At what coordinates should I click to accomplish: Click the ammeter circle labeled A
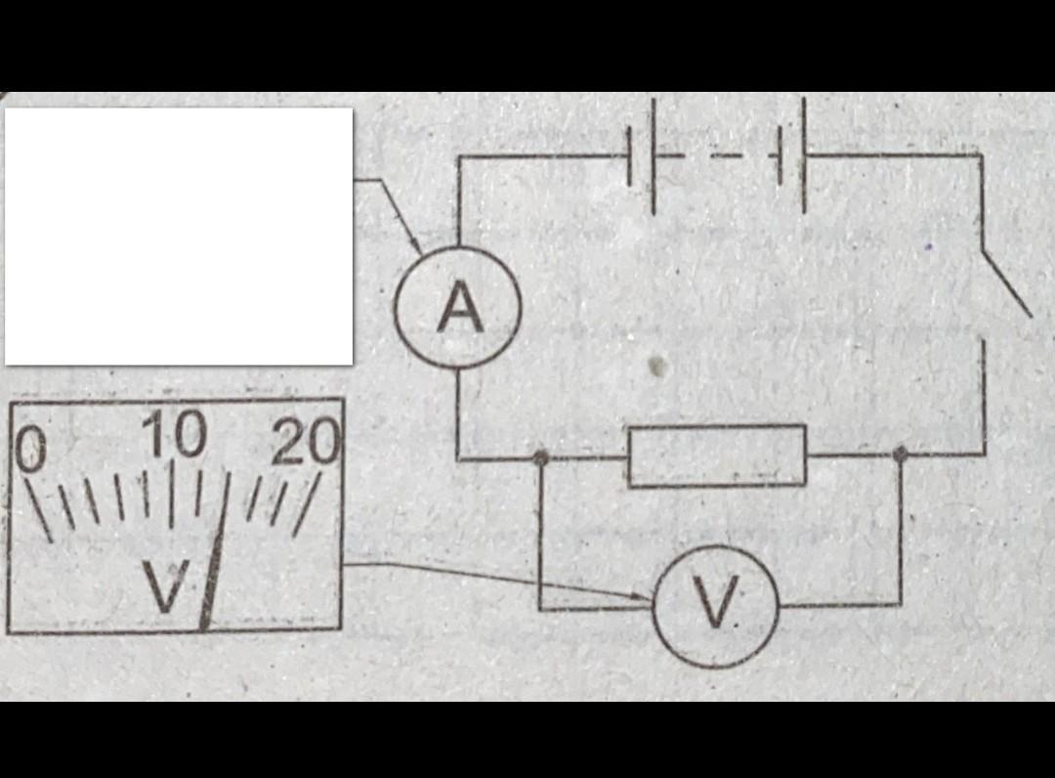[457, 308]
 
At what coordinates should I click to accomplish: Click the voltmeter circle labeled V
[716, 605]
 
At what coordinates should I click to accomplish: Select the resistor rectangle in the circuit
[716, 455]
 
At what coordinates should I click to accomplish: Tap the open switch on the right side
[1006, 283]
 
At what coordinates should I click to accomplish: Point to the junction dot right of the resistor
[901, 453]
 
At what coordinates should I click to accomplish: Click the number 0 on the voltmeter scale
[32, 448]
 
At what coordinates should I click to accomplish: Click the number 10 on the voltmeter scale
[177, 435]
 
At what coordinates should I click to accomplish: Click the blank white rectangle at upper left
[179, 236]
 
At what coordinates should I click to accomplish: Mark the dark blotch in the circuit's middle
[659, 367]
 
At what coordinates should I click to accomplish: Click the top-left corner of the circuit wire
[458, 156]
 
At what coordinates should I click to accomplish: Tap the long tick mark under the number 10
[171, 494]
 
